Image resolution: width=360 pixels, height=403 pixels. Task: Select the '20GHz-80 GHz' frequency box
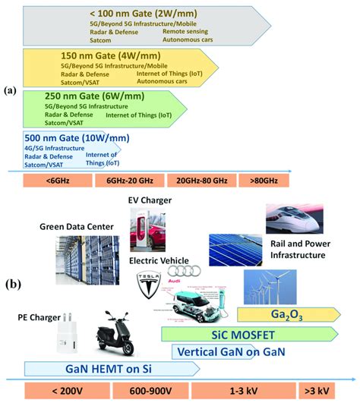click(x=201, y=182)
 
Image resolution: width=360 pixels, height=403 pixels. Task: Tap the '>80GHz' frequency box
click(x=262, y=182)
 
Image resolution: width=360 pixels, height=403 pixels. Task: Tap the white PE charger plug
click(x=68, y=338)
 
